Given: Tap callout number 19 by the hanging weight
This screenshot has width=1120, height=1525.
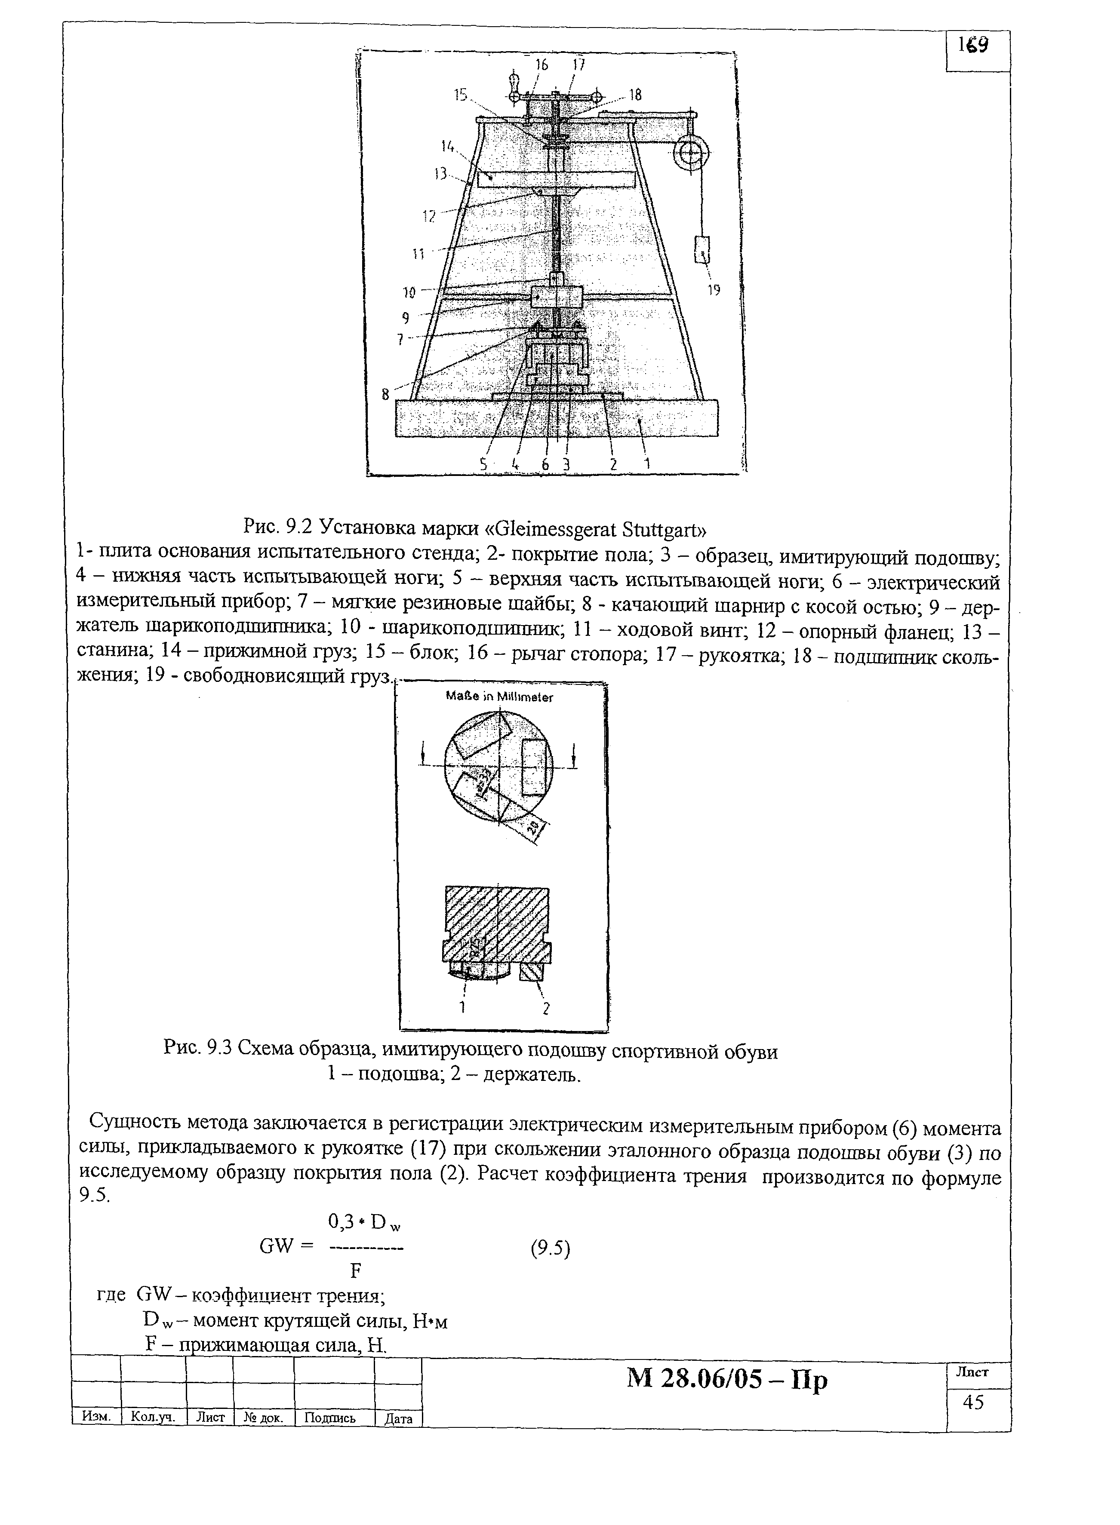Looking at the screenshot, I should click(x=714, y=290).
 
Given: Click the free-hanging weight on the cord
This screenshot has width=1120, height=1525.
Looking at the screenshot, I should click(x=702, y=249).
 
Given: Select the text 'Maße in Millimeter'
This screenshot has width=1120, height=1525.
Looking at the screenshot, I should click(x=500, y=697).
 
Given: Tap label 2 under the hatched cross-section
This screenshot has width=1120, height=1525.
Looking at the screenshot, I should click(x=545, y=1009).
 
